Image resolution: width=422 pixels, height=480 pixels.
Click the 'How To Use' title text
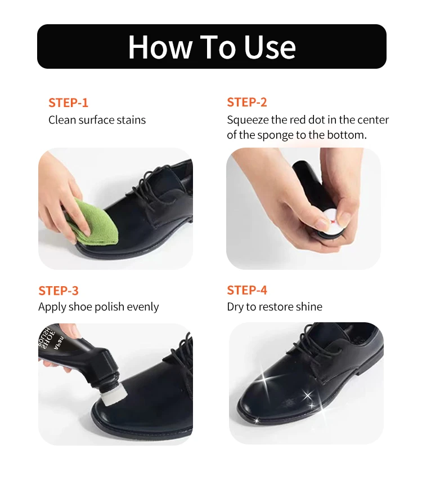[212, 47]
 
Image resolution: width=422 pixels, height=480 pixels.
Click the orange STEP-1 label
[68, 103]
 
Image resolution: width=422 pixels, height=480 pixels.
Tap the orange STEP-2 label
[247, 102]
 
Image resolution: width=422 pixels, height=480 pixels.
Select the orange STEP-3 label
[59, 291]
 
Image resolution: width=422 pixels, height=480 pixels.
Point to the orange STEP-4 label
[247, 290]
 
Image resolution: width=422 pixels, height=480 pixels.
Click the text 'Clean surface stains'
[97, 120]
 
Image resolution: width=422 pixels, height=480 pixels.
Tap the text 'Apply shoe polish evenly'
[98, 307]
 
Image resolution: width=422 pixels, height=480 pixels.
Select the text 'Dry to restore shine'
[275, 306]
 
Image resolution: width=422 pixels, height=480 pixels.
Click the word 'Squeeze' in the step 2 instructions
[248, 120]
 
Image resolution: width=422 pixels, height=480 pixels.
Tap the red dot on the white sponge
[332, 221]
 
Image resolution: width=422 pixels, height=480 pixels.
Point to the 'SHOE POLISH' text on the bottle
[48, 339]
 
